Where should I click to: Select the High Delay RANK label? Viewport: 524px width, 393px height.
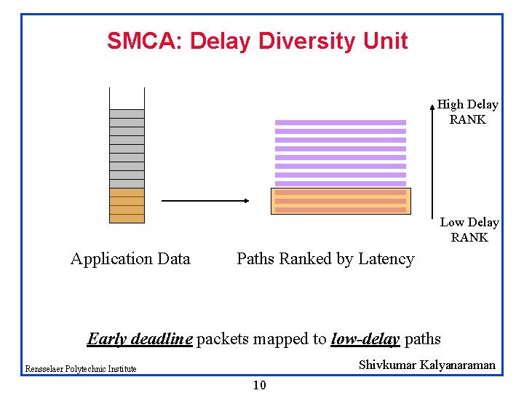(x=467, y=112)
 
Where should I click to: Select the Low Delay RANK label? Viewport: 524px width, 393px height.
(x=469, y=230)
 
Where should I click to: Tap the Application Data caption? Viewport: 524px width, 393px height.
(x=130, y=259)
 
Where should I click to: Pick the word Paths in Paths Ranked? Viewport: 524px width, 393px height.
(x=255, y=259)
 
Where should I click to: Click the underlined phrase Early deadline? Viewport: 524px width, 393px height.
(x=140, y=339)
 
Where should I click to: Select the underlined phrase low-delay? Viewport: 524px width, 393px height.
(x=365, y=339)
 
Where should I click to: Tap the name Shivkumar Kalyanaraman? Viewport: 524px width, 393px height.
(x=426, y=365)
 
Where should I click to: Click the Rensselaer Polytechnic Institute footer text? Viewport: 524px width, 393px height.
(x=81, y=369)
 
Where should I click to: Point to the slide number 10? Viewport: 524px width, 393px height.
(x=259, y=386)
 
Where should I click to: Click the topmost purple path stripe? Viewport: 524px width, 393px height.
(x=341, y=122)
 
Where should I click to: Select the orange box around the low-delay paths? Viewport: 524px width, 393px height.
(x=341, y=201)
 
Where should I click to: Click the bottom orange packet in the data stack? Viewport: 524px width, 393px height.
(x=127, y=218)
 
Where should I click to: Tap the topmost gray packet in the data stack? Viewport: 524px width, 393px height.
(x=127, y=114)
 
